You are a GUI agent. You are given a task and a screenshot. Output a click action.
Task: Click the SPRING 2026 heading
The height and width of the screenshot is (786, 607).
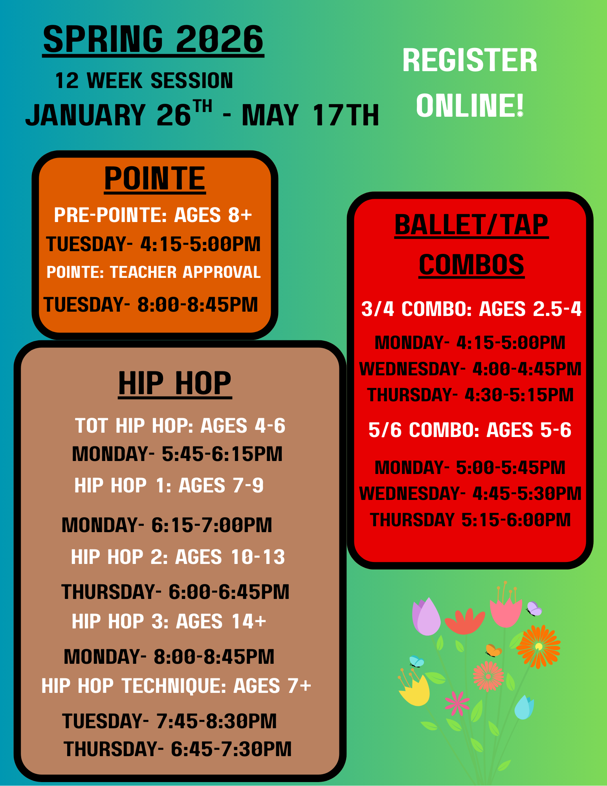click(153, 39)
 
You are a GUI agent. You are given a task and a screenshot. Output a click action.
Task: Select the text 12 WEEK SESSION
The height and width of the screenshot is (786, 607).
click(144, 81)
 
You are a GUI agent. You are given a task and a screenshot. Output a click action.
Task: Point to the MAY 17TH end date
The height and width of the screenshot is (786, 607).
click(310, 115)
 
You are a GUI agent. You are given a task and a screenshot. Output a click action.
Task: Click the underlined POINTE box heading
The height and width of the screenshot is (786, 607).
click(155, 179)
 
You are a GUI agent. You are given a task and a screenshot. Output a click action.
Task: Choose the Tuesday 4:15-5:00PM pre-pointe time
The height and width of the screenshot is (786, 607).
click(153, 244)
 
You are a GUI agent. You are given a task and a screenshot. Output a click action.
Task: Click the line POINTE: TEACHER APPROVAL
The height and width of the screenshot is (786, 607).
click(154, 272)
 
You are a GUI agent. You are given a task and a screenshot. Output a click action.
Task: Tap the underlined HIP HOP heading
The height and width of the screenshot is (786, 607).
click(175, 384)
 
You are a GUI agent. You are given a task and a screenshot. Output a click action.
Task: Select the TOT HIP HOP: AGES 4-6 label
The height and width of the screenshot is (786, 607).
click(180, 426)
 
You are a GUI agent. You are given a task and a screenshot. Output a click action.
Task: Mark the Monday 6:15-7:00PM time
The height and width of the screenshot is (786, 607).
click(167, 525)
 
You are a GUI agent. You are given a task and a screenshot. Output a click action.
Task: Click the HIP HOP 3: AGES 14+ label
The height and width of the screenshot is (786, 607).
click(169, 622)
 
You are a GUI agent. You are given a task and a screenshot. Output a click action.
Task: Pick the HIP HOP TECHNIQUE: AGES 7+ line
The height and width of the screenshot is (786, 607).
click(176, 686)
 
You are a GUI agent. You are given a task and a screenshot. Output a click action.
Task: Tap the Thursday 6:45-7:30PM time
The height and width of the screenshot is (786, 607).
click(178, 749)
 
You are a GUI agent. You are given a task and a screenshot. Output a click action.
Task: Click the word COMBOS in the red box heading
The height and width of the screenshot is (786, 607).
click(471, 265)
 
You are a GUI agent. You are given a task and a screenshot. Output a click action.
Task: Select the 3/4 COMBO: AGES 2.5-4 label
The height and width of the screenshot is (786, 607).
click(471, 309)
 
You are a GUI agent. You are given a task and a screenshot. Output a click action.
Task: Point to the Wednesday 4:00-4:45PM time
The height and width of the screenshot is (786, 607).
click(470, 369)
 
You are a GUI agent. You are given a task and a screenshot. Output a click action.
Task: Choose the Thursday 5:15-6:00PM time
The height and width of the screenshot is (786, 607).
click(470, 520)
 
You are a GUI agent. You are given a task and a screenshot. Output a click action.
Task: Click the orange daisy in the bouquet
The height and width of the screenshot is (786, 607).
click(539, 646)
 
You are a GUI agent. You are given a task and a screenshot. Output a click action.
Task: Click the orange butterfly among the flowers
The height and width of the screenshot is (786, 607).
click(493, 651)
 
